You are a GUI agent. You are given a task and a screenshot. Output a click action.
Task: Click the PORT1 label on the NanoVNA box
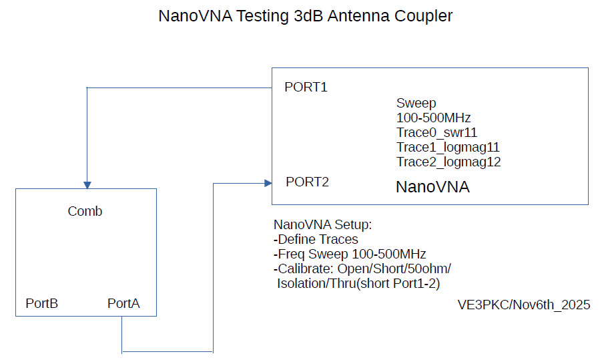tap(306, 87)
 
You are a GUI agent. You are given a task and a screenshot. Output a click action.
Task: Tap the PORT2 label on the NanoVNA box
tap(307, 182)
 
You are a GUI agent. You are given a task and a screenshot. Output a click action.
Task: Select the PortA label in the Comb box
tap(123, 304)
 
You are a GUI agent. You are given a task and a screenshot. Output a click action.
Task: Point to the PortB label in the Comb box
tap(42, 304)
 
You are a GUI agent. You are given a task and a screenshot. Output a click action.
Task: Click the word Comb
tap(85, 212)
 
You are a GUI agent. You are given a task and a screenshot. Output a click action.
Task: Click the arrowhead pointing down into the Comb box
tap(87, 184)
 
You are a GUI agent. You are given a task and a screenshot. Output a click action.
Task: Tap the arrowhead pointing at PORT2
tap(267, 182)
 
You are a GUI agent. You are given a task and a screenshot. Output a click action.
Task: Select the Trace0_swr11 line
tap(436, 132)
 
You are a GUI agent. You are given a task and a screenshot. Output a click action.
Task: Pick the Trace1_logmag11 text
tap(448, 147)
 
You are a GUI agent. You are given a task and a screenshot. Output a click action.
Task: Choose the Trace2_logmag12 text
tap(448, 162)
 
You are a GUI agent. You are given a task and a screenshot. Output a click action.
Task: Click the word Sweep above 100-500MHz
tap(416, 104)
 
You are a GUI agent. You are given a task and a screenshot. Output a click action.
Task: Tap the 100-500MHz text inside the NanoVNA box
tap(434, 118)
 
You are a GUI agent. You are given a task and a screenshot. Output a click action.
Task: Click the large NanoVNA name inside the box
tap(432, 187)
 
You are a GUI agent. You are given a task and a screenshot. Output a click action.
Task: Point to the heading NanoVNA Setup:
tap(322, 224)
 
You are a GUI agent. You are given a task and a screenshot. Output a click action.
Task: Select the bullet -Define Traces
tap(316, 239)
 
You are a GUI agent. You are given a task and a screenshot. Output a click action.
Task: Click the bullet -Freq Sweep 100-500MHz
tap(350, 254)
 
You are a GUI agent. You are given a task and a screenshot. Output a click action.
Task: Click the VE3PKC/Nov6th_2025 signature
tap(523, 305)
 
